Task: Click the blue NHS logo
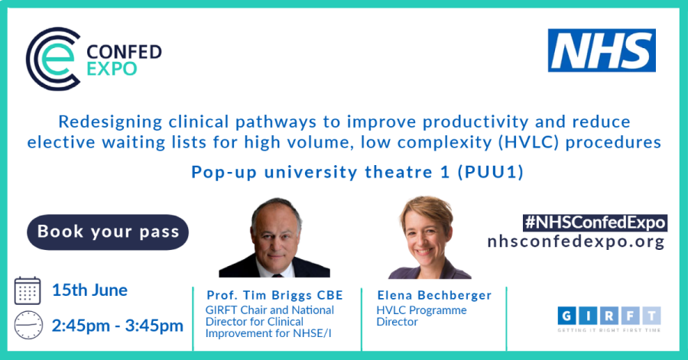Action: click(602, 50)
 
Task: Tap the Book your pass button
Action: click(108, 232)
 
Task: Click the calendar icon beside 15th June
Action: click(28, 290)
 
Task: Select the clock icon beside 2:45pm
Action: click(28, 326)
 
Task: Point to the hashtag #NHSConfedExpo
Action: click(595, 222)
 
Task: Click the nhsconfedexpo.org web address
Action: click(576, 242)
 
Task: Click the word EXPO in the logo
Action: click(112, 69)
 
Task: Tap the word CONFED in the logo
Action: click(124, 52)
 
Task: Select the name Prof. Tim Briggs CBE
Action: click(274, 295)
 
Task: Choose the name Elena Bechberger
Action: click(434, 295)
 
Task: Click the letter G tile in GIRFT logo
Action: click(567, 315)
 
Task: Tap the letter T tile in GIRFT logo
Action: click(651, 315)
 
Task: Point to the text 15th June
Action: click(90, 290)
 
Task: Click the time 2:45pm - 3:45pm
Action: click(118, 326)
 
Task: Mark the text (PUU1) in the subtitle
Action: click(491, 172)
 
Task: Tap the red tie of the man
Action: click(277, 275)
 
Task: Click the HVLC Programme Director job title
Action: click(422, 316)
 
